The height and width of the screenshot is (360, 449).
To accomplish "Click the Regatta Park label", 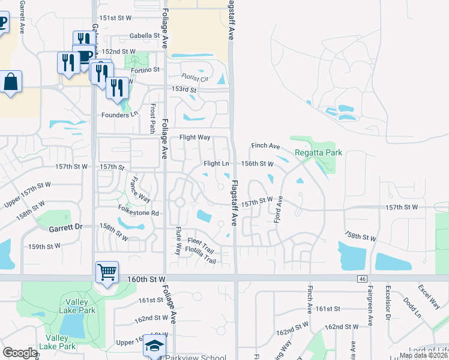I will point(318,152).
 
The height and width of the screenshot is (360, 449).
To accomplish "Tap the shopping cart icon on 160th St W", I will point(107,272).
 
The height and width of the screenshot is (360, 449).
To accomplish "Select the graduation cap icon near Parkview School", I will point(154,346).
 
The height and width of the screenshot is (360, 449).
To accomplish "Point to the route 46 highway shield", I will point(361,279).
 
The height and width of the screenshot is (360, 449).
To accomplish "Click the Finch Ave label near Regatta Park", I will point(266,146).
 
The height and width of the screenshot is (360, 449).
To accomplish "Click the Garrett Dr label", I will point(66,228).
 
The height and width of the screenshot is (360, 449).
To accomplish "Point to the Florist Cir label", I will point(195,79).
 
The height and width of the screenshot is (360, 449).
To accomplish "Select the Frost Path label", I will point(153,119).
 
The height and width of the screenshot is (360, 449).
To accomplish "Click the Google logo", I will point(20,353).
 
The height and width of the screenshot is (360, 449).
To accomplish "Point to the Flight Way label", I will point(195,137).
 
